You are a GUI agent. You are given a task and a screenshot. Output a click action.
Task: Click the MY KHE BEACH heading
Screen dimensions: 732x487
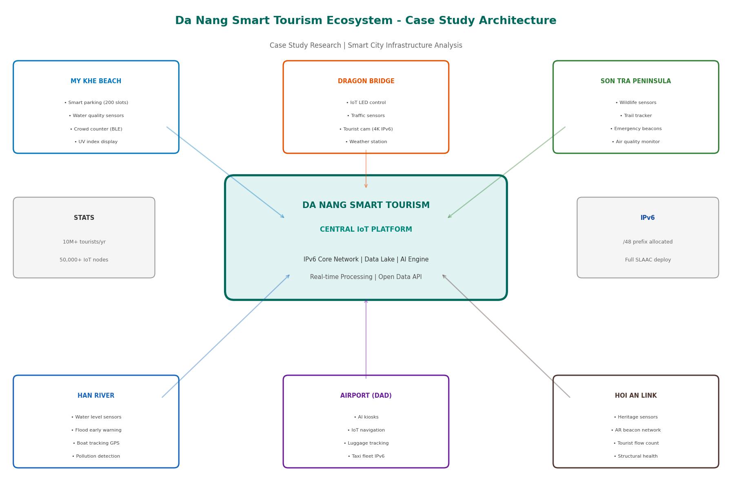pyautogui.click(x=96, y=81)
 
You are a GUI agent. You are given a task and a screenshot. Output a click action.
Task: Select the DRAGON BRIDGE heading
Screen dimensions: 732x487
pyautogui.click(x=366, y=81)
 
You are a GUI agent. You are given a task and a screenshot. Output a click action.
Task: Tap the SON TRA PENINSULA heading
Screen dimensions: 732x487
pyautogui.click(x=636, y=81)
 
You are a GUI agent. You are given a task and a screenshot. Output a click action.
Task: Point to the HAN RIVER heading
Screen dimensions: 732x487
pyautogui.click(x=96, y=396)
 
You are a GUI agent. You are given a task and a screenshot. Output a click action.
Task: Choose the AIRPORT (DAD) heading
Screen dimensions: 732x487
pyautogui.click(x=366, y=396)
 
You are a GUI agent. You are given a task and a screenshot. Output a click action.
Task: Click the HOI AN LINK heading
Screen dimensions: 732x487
pyautogui.click(x=636, y=396)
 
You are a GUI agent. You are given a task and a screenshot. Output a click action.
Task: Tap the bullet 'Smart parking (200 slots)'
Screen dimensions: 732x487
pyautogui.click(x=96, y=103)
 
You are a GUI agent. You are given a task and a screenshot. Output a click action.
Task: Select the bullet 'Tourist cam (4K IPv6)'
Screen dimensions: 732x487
pyautogui.click(x=366, y=129)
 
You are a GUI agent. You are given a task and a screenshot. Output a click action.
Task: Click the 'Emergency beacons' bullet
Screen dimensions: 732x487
pyautogui.click(x=636, y=129)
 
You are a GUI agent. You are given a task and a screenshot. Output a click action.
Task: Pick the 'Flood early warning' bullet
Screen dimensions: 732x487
pyautogui.click(x=96, y=430)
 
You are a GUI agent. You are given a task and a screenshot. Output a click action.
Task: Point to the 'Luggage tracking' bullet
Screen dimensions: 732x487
pyautogui.click(x=366, y=443)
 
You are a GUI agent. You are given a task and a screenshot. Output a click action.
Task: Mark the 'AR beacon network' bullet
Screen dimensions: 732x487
pyautogui.click(x=636, y=430)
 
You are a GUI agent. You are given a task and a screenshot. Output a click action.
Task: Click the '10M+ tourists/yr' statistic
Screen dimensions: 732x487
pyautogui.click(x=84, y=242)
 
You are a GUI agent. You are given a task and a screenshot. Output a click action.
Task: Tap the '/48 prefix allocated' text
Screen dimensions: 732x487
pyautogui.click(x=648, y=242)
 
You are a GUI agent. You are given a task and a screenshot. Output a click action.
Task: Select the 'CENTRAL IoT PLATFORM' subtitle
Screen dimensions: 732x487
pyautogui.click(x=366, y=230)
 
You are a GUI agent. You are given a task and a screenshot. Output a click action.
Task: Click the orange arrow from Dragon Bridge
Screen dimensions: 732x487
pyautogui.click(x=366, y=169)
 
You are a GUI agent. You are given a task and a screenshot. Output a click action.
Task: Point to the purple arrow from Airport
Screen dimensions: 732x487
pyautogui.click(x=366, y=339)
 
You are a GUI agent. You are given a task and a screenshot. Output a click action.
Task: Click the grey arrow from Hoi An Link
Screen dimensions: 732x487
pyautogui.click(x=506, y=336)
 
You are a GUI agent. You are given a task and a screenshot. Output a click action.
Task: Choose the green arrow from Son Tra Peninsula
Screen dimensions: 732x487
pyautogui.click(x=506, y=173)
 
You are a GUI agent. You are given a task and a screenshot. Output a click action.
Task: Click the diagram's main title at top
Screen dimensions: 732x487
pyautogui.click(x=366, y=21)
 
